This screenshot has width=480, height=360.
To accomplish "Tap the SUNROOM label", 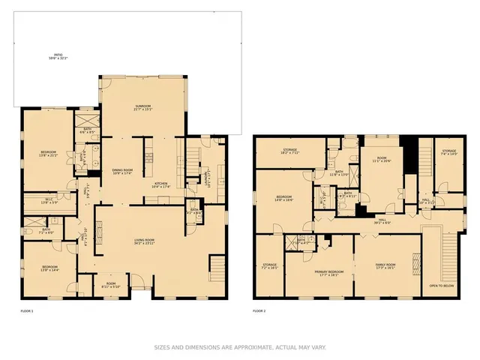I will (x=143, y=108).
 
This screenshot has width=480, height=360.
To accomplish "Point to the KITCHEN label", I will (x=162, y=184).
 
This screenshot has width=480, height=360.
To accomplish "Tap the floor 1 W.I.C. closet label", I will (x=48, y=201).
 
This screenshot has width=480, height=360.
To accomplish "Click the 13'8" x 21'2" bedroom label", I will (x=48, y=154).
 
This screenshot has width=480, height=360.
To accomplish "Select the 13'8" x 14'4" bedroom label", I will (x=49, y=268).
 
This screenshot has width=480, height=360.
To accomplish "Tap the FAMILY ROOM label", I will (x=385, y=267).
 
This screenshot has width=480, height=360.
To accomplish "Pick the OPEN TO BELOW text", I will (x=441, y=286).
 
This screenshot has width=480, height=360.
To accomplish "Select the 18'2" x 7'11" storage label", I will (x=290, y=151).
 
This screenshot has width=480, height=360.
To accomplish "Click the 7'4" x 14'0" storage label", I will (x=449, y=154).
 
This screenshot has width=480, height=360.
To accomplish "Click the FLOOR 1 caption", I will (x=28, y=310).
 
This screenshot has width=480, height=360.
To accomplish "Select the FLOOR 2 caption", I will (x=259, y=310).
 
